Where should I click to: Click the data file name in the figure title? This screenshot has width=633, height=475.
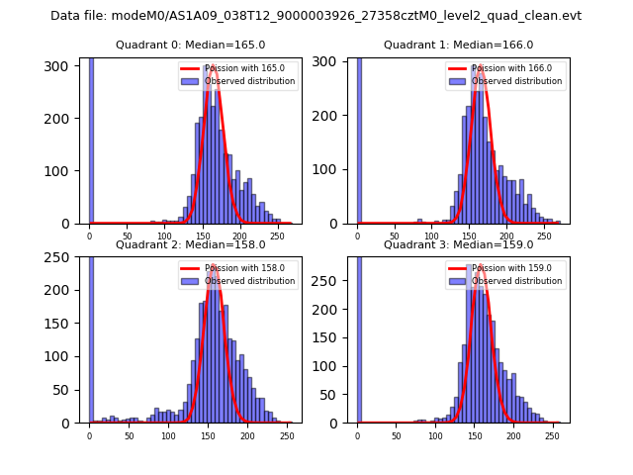click(316, 16)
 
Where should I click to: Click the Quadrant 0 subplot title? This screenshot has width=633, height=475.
click(190, 45)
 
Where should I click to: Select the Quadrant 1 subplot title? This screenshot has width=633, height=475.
click(458, 45)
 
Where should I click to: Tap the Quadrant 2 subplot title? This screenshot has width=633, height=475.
click(190, 244)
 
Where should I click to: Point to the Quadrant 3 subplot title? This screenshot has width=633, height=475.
click(458, 244)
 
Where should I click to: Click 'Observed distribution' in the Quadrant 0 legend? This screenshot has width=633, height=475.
click(249, 81)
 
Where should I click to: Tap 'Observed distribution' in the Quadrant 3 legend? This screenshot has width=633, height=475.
click(517, 281)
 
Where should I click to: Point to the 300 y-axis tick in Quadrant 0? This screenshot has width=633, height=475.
click(61, 65)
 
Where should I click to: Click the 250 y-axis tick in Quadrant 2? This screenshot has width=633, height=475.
click(61, 257)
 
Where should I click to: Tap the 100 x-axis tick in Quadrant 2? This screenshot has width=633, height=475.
click(168, 436)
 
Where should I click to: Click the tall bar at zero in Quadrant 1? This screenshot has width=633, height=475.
click(358, 139)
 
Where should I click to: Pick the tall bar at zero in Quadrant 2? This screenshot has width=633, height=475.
click(90, 336)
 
